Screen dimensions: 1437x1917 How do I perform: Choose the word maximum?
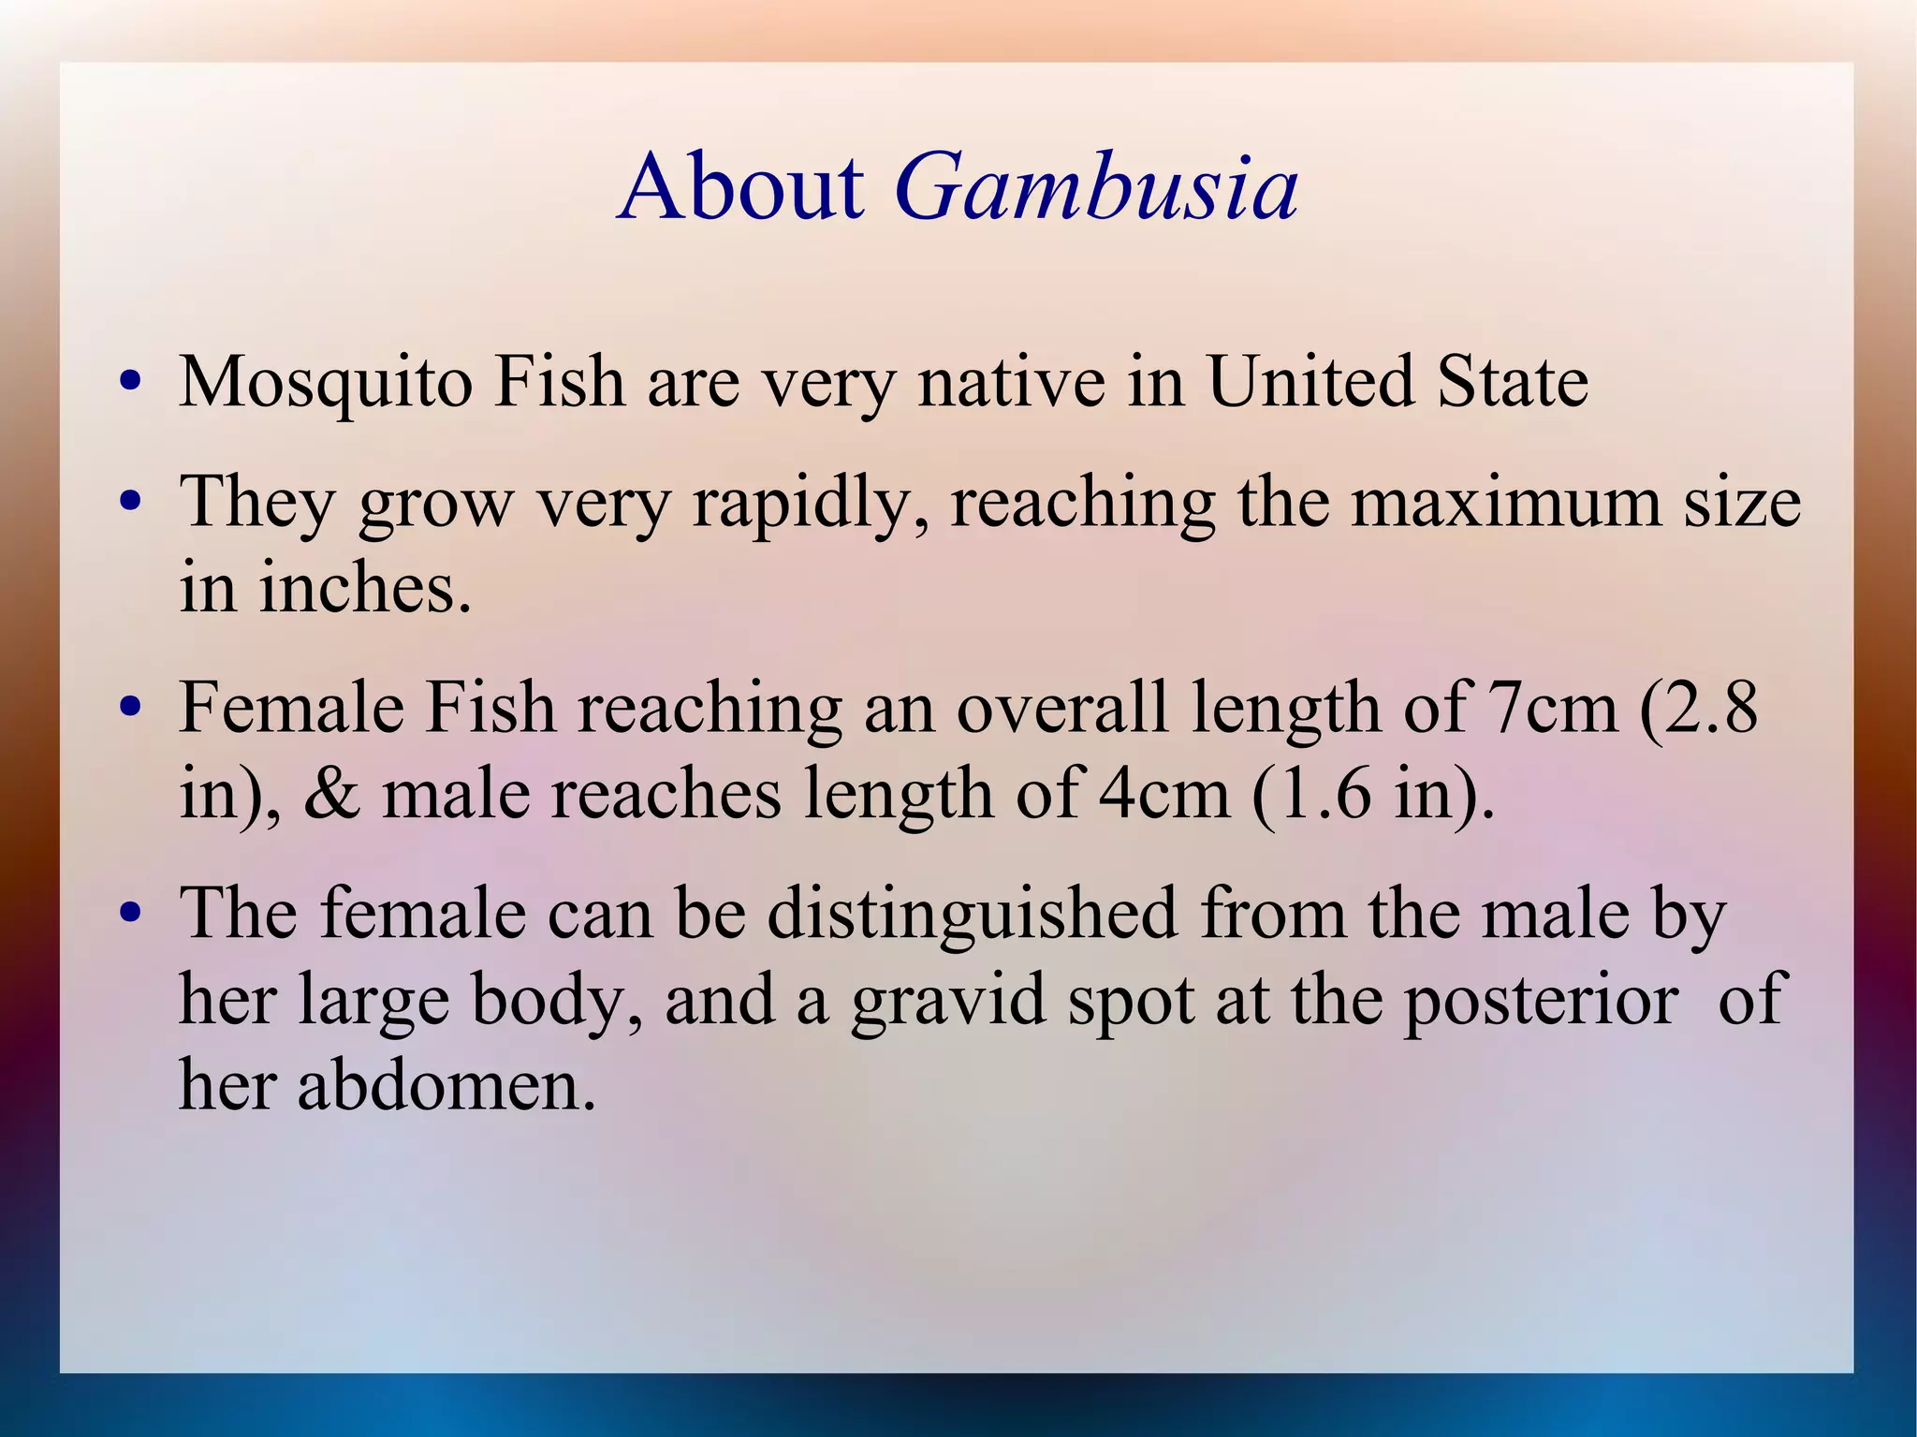1506,502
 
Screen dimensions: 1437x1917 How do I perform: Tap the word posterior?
1540,1000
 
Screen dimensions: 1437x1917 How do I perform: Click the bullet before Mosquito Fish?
130,383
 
